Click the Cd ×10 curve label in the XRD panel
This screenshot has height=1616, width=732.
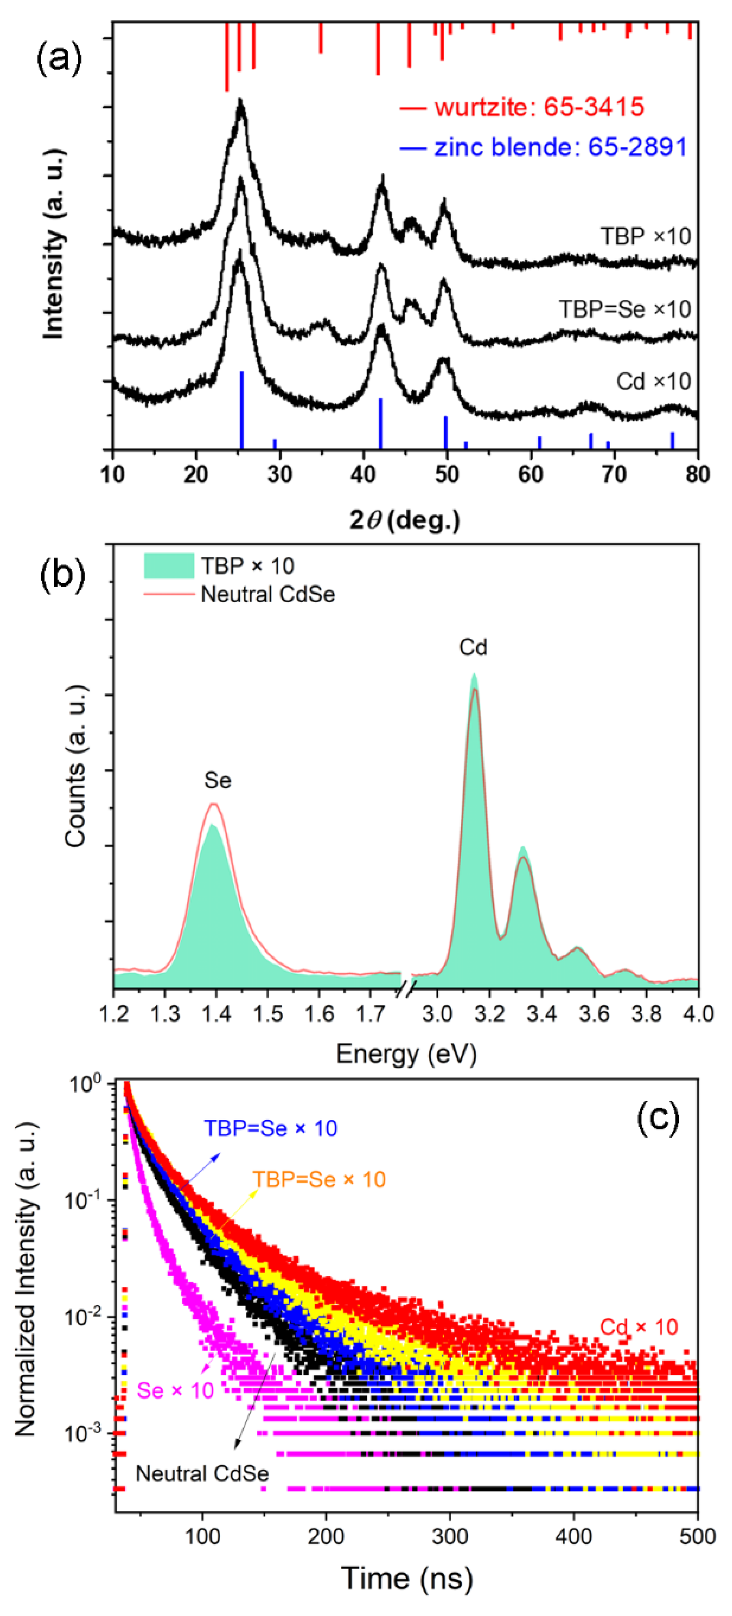click(653, 381)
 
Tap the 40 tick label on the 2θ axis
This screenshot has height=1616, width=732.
click(363, 474)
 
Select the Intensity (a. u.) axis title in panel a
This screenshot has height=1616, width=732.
click(55, 245)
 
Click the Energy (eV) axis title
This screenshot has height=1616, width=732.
click(406, 1054)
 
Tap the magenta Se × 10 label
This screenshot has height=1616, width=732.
click(175, 1391)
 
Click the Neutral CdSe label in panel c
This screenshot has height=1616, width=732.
click(202, 1474)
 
